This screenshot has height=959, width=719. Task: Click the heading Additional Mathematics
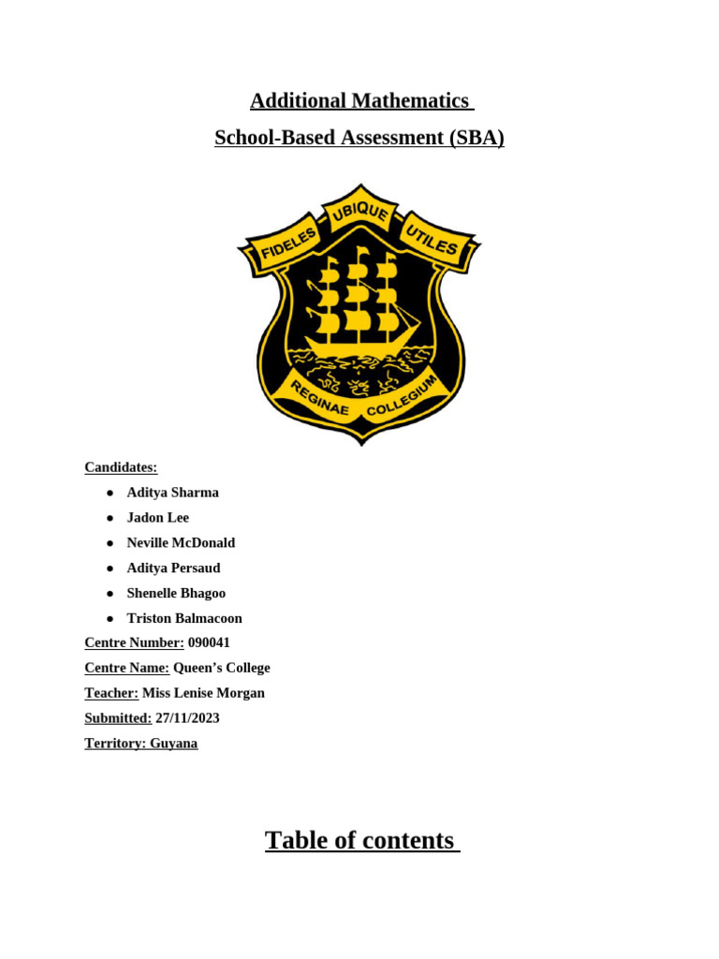(x=359, y=101)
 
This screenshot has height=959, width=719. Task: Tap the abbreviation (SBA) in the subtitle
(x=477, y=138)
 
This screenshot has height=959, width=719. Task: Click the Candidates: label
(x=121, y=467)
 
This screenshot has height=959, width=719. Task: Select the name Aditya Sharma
(x=172, y=493)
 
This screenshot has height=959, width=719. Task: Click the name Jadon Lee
(x=157, y=518)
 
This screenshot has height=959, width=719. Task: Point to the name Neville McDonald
(x=181, y=543)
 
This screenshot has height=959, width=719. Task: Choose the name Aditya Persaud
(x=173, y=568)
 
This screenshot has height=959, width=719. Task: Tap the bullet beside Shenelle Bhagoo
(x=110, y=594)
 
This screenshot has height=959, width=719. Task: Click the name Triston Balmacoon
(x=184, y=619)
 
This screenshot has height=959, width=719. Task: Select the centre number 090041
(x=209, y=642)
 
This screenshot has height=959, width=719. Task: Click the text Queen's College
(x=222, y=668)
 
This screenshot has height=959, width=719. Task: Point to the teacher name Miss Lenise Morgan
(x=203, y=693)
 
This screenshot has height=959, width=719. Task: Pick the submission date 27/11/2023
(x=187, y=718)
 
